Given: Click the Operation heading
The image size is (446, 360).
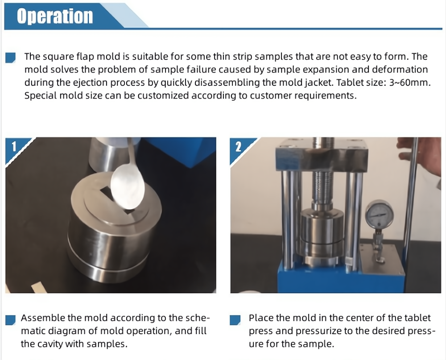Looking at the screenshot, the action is pos(55,16).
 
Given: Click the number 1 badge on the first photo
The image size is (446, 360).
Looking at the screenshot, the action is pos(14,147).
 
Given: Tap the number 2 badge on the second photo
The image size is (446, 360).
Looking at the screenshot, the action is pos(238,147).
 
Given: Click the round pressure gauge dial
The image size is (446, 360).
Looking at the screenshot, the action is pos(380,214).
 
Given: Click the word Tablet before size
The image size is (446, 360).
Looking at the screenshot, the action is pos(349,83).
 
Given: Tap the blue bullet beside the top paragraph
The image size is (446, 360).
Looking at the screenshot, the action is pos(11,58).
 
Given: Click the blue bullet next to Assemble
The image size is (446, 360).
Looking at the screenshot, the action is pos(11,320).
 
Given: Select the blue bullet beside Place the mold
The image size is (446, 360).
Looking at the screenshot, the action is pos(235,320).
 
